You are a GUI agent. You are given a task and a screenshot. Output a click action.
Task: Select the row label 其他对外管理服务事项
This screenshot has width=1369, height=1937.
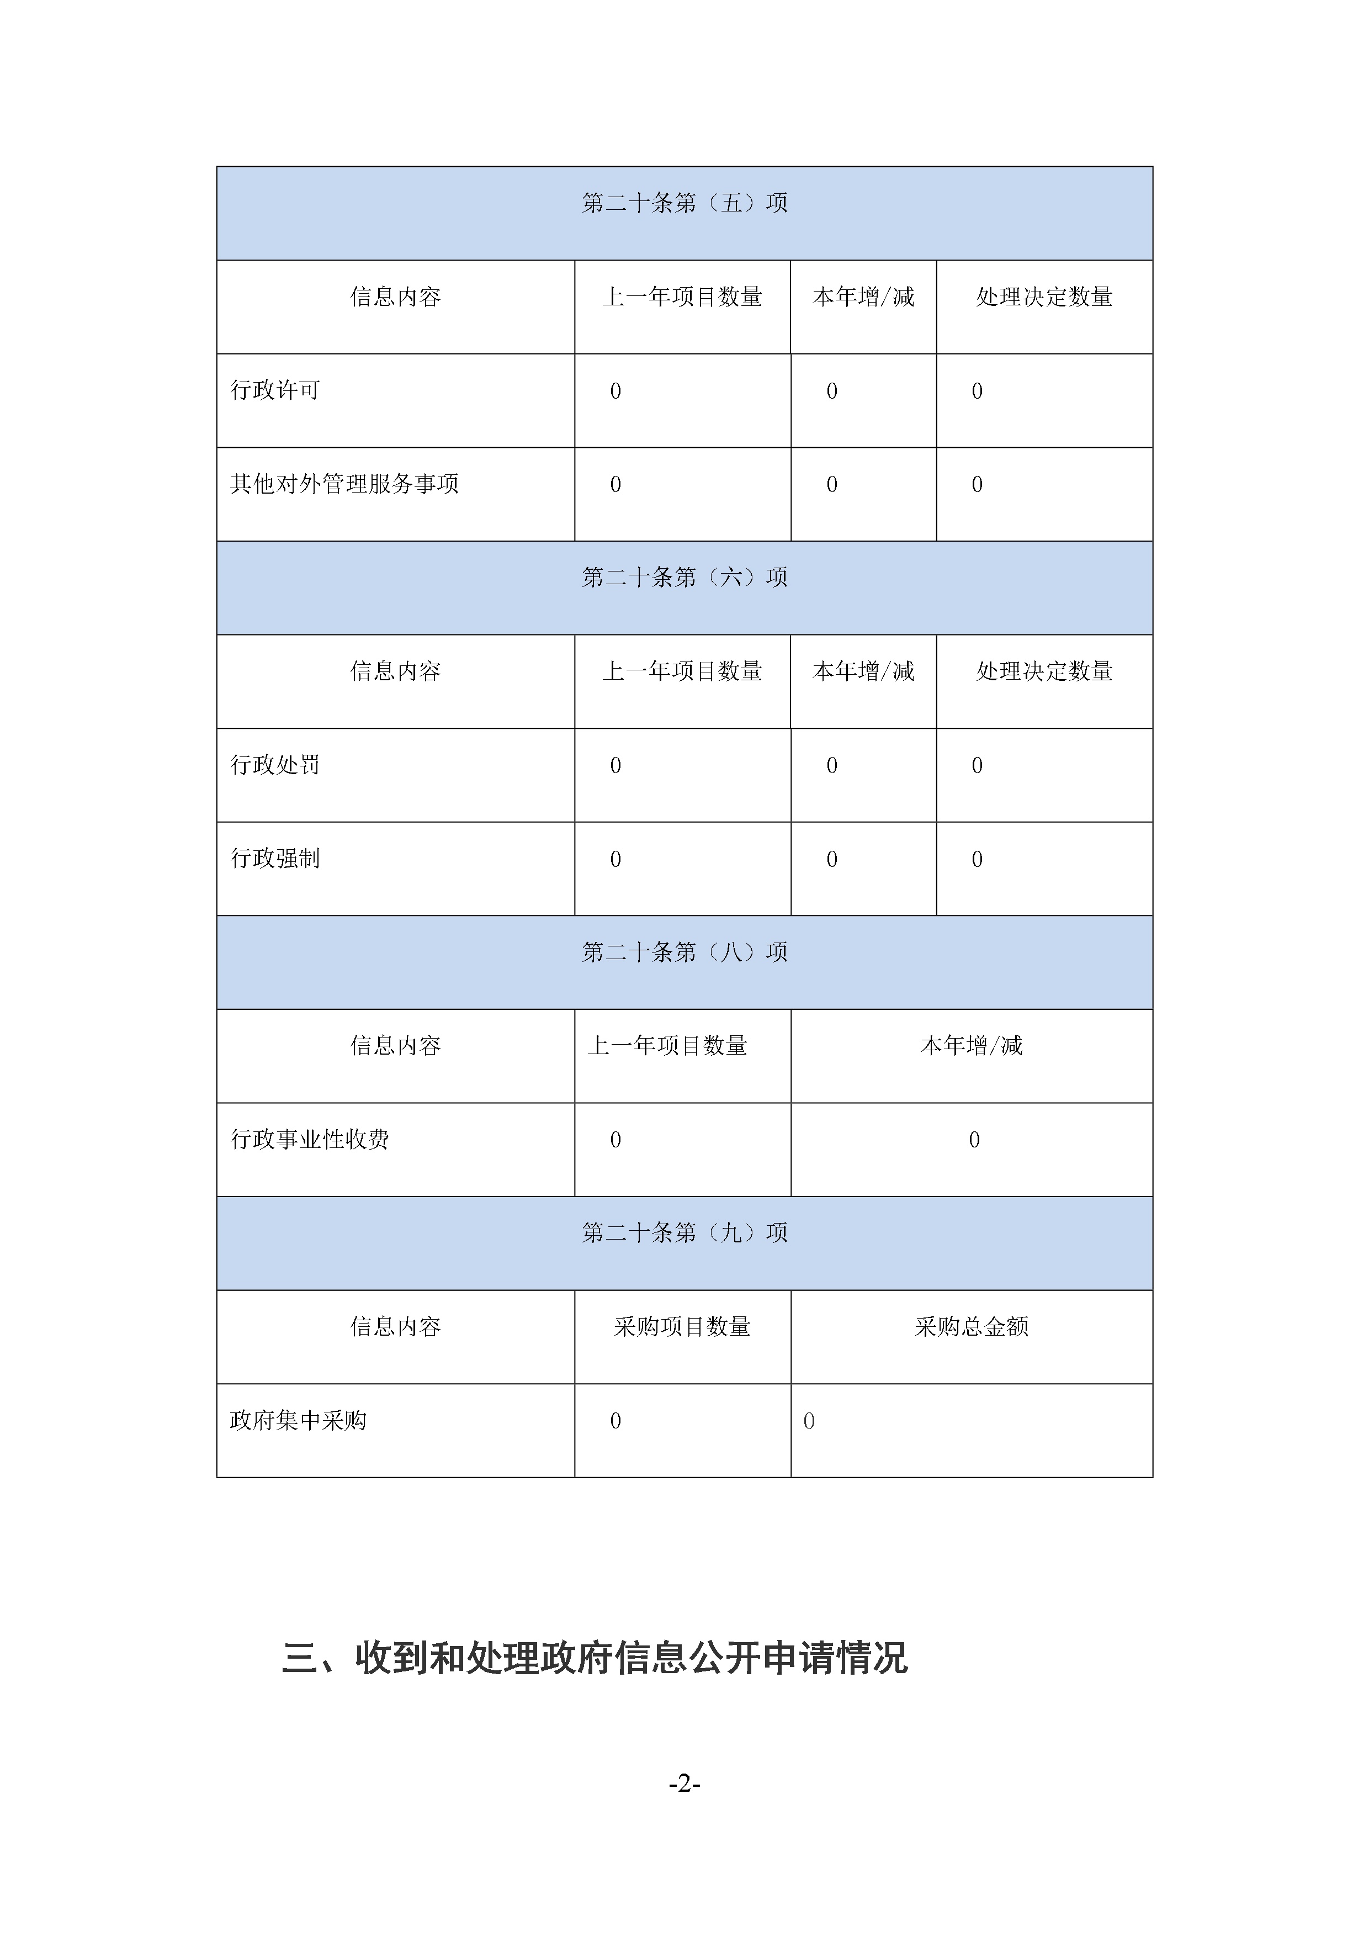tap(344, 484)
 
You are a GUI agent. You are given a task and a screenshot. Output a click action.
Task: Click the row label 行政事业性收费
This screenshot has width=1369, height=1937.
tap(310, 1140)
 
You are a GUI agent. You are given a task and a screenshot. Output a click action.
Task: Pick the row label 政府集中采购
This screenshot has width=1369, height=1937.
tap(298, 1421)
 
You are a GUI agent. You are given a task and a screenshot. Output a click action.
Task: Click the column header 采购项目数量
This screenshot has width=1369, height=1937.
tap(682, 1327)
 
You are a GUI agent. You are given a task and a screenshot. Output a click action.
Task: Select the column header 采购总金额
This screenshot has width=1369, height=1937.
tap(972, 1327)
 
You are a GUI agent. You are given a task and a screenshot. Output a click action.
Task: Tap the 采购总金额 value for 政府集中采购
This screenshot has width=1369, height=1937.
tap(809, 1421)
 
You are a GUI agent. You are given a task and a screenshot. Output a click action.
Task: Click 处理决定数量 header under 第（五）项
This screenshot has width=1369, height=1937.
tap(1044, 297)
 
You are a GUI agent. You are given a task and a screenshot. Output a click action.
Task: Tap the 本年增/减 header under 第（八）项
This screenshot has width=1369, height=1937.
tap(972, 1046)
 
